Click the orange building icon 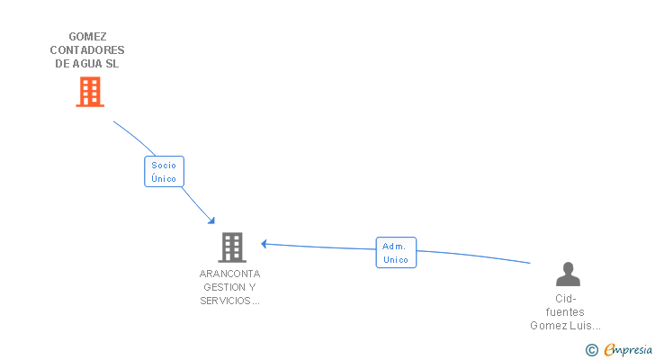click(x=89, y=92)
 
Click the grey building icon click(x=231, y=247)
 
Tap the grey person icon click(x=567, y=274)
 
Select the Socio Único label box click(x=164, y=172)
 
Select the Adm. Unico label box click(x=396, y=253)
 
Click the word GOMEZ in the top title click(x=87, y=37)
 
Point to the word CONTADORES click(x=87, y=50)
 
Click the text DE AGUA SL click(x=87, y=64)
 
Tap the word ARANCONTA click(x=230, y=274)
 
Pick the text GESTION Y click(x=230, y=287)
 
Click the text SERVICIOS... click(x=226, y=301)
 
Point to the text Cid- click(x=565, y=299)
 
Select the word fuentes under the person click(x=565, y=312)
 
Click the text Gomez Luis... click(x=561, y=326)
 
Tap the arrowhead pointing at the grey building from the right click(x=265, y=243)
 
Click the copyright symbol click(x=591, y=350)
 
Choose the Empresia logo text click(x=627, y=350)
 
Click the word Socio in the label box click(x=164, y=166)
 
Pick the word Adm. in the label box click(x=395, y=246)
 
